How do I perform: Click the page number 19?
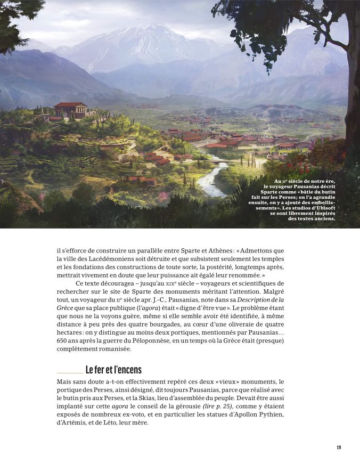[x=339, y=447]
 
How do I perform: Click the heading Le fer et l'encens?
[x=113, y=370]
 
